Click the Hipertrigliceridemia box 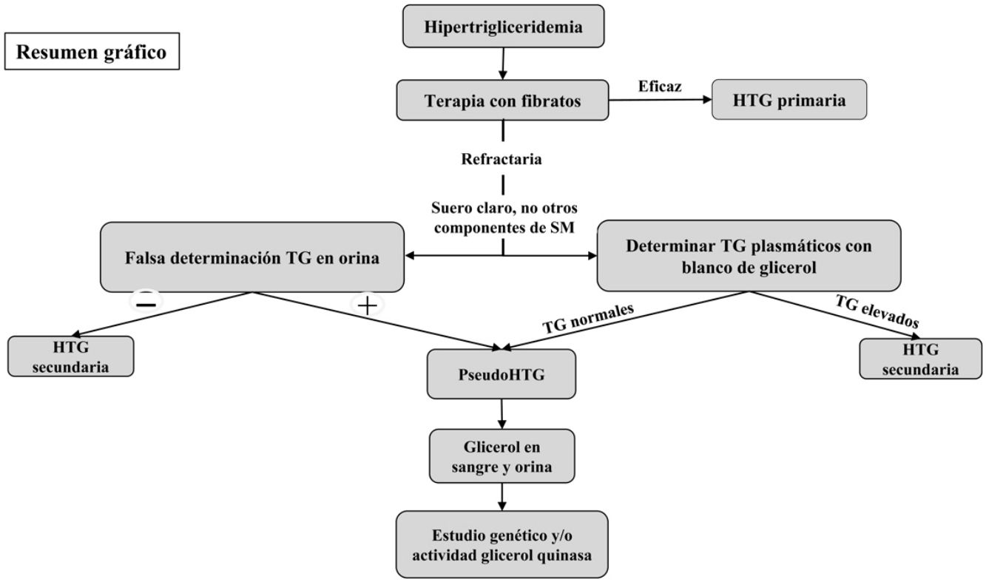(x=503, y=26)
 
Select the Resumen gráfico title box (x=92, y=51)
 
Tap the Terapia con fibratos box (x=503, y=100)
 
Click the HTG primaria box (x=789, y=100)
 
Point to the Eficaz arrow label (x=660, y=87)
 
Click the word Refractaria (x=502, y=159)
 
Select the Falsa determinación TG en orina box (x=252, y=257)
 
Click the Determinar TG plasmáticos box (x=749, y=256)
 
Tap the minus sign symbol (x=146, y=304)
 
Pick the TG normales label (x=588, y=319)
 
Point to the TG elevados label (x=877, y=311)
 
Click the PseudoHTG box (x=502, y=374)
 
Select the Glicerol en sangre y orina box (x=502, y=456)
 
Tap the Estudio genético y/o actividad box (x=502, y=544)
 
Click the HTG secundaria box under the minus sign (x=71, y=356)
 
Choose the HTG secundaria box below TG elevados (x=920, y=359)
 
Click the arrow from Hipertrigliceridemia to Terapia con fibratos (x=503, y=64)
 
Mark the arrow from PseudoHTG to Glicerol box (x=502, y=414)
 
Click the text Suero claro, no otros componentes (x=504, y=217)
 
